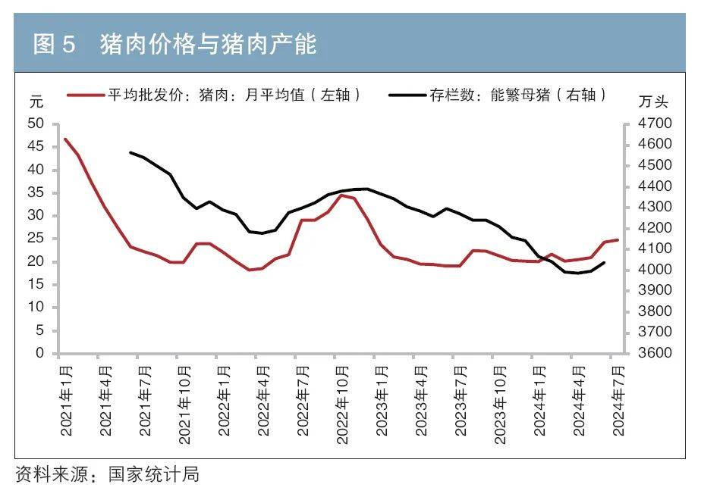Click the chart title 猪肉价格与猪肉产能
point(208,45)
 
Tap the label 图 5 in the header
point(55,45)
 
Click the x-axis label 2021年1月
point(66,400)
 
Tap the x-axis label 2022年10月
point(343,400)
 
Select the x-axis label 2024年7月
point(619,400)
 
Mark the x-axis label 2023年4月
point(422,400)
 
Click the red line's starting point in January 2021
point(65,139)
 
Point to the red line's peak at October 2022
point(342,195)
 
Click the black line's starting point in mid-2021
point(130,152)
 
